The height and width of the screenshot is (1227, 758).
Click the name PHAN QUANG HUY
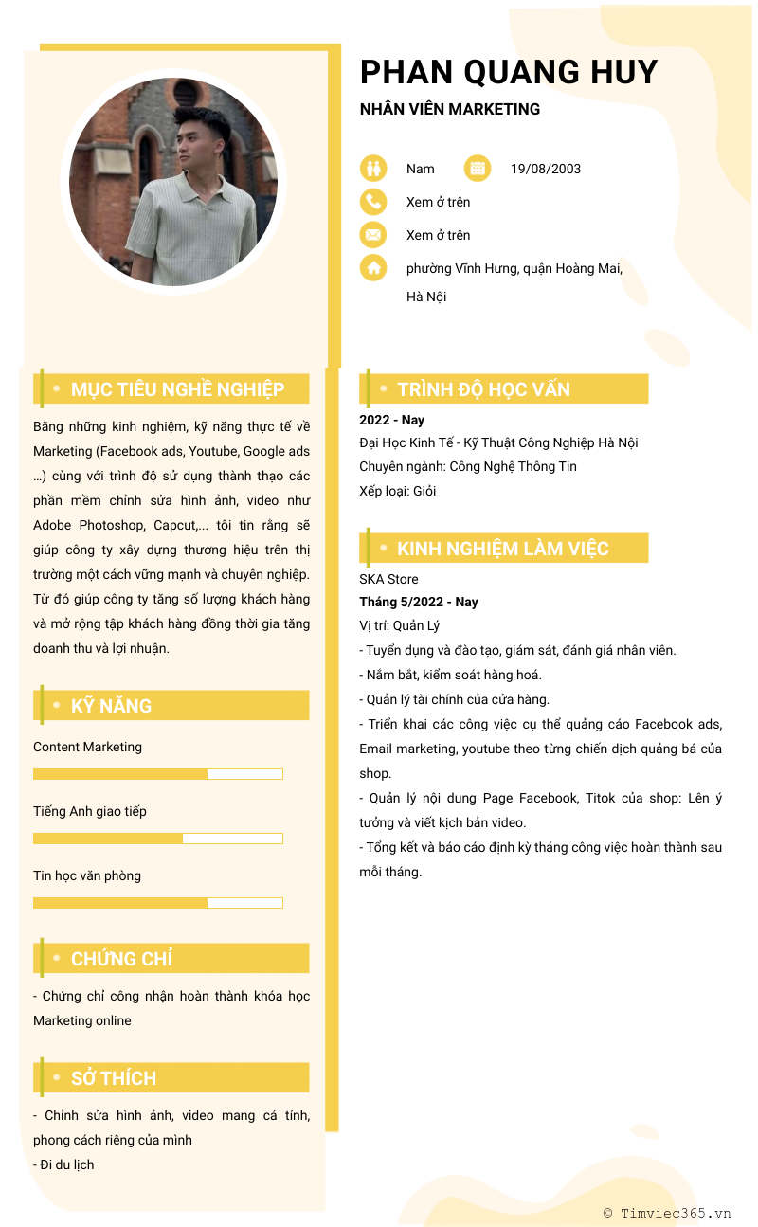(508, 72)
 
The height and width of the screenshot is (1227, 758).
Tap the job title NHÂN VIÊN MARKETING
(449, 109)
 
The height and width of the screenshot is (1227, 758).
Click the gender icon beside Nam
(373, 169)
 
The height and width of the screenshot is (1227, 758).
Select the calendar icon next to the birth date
(478, 169)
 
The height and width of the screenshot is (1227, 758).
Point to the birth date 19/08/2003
(545, 169)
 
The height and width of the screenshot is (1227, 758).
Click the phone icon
(373, 202)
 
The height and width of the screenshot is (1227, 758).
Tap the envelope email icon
(373, 235)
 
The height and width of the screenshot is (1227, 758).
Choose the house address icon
(373, 268)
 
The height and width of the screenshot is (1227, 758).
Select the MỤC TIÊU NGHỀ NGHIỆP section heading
(177, 389)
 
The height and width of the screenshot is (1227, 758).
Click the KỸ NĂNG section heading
(111, 706)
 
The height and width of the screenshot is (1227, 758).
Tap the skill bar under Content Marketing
(158, 774)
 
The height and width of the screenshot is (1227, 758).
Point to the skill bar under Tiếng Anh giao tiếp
(158, 839)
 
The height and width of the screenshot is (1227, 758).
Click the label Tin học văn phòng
(87, 875)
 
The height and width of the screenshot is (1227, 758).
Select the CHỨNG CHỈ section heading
(121, 959)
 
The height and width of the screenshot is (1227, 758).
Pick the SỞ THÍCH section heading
(114, 1078)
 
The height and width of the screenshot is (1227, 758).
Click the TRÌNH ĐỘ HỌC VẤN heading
(483, 389)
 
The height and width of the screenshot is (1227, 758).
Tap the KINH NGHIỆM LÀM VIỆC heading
(502, 549)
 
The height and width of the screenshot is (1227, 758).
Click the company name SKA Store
(388, 579)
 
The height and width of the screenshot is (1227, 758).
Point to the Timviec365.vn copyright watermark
(667, 1213)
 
